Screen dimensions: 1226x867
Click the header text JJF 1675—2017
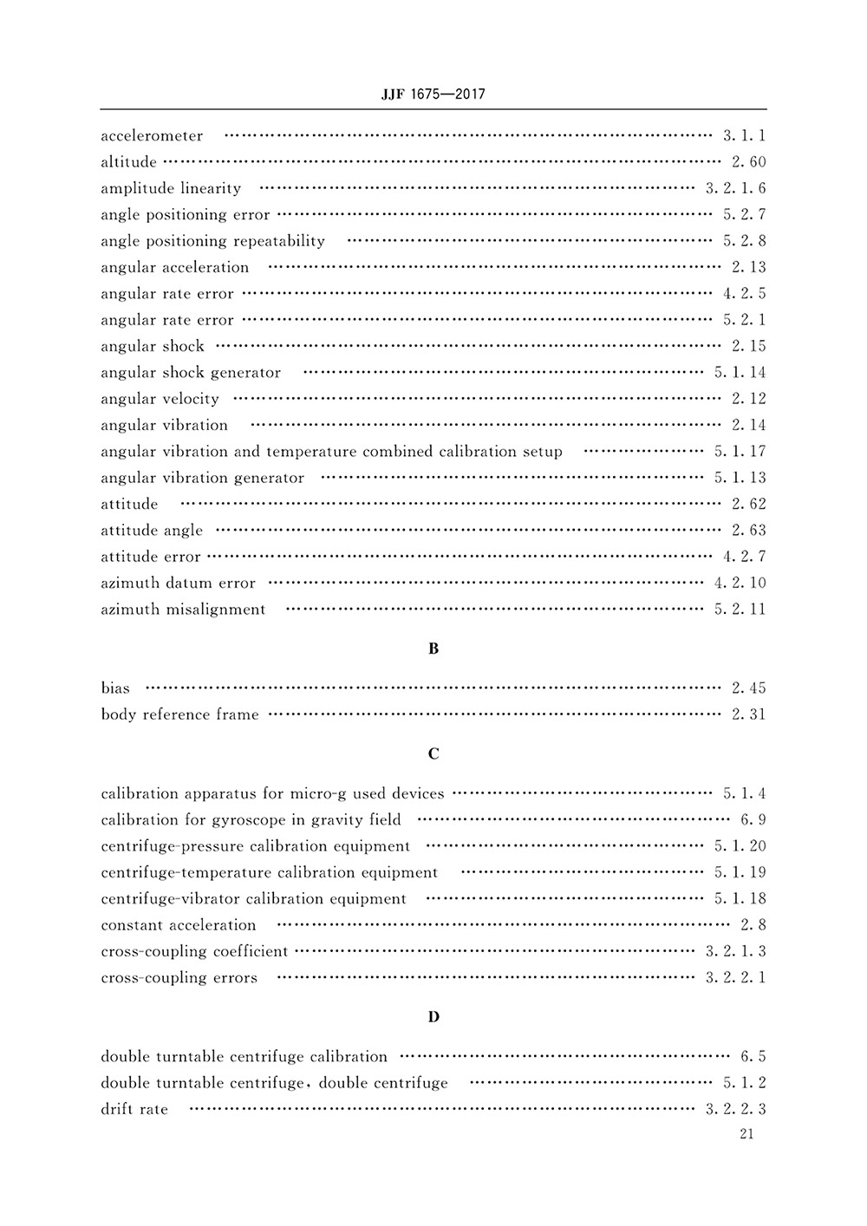[x=433, y=94]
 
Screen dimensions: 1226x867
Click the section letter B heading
[x=433, y=649]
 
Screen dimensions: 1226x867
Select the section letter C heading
[x=433, y=753]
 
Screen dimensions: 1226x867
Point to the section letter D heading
[x=433, y=1016]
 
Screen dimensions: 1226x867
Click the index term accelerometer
[x=152, y=136]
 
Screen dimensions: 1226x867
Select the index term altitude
[x=128, y=162]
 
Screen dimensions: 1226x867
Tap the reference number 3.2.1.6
[x=735, y=188]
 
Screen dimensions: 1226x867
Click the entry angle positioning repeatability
[x=212, y=241]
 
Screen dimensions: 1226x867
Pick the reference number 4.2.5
[x=744, y=294]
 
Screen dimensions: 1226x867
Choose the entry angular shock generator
[x=191, y=373]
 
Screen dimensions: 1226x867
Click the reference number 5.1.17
[x=740, y=452]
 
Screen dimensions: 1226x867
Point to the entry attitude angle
[x=152, y=531]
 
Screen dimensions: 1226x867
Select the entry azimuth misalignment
[x=183, y=610]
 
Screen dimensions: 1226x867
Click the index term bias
[x=115, y=688]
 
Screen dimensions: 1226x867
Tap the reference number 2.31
[x=748, y=714]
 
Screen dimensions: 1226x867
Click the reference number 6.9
[x=753, y=819]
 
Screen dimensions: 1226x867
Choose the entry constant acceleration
[x=179, y=925]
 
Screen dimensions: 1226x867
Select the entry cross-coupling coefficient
[x=194, y=951]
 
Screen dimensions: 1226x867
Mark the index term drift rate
[x=134, y=1109]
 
